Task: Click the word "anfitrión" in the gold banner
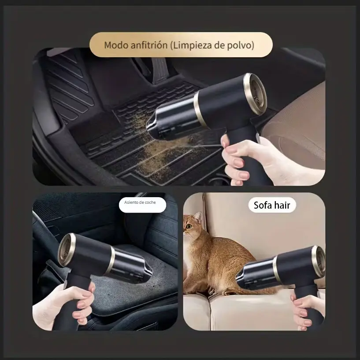coord(149,45)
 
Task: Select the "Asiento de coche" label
coord(140,202)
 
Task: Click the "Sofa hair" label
coord(272,205)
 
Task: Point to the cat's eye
coord(189,227)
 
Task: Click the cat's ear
coord(197,217)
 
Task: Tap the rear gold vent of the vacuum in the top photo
coord(256,91)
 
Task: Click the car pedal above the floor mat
coord(160,70)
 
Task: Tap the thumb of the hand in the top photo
coord(225,140)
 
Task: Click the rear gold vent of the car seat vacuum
coord(66,250)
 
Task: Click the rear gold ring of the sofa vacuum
coord(319,261)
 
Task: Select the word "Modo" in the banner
coord(116,45)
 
